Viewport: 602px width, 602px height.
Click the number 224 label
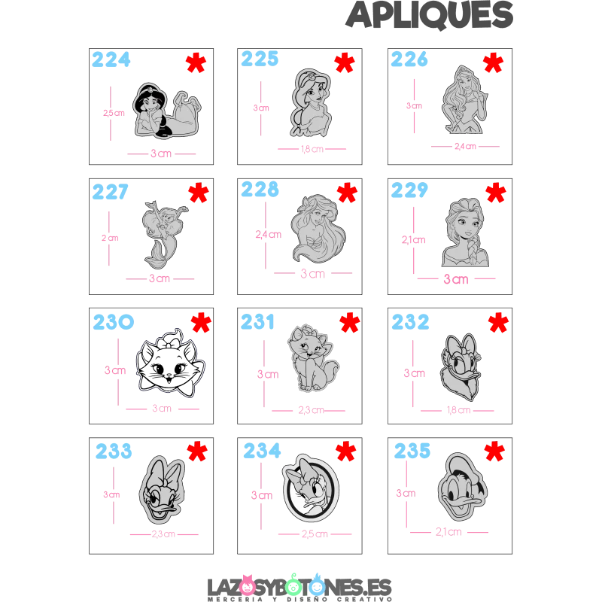[111, 59]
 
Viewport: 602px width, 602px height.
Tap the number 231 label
[260, 322]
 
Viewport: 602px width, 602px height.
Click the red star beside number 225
[344, 62]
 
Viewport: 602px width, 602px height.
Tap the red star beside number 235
[494, 451]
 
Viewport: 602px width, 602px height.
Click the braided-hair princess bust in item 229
[464, 233]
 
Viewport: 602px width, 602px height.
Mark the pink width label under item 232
[460, 411]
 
